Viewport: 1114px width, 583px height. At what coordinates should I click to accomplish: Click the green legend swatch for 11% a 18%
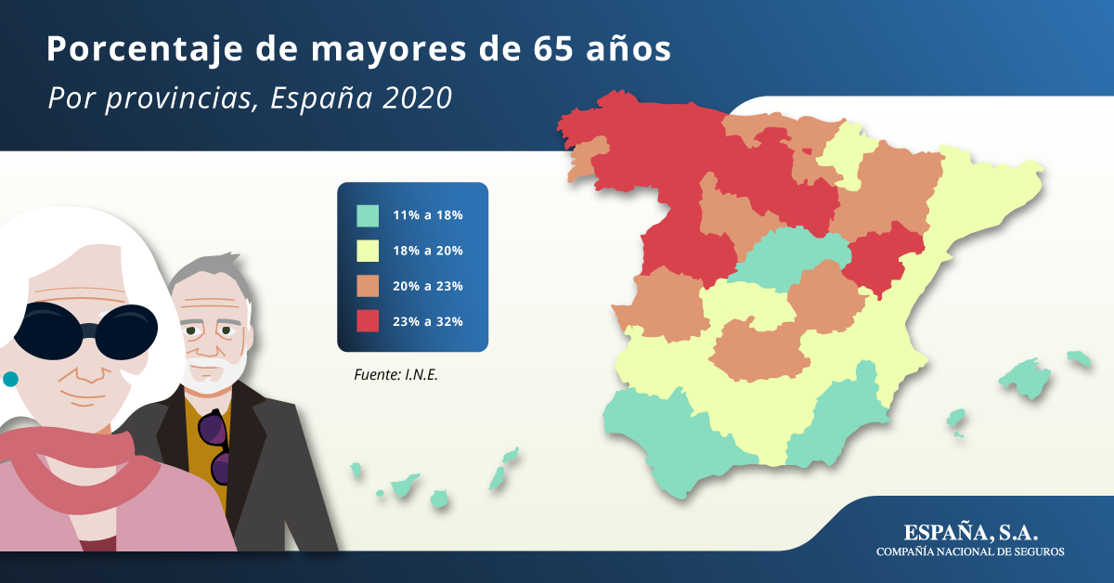coord(368,216)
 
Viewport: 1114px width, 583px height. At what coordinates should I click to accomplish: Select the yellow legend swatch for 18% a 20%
coord(368,251)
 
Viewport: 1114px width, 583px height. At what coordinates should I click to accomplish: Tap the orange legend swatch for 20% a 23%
coord(368,286)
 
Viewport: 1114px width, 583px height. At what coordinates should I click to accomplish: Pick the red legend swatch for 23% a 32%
coord(368,321)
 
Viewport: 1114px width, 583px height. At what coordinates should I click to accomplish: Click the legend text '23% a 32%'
coord(428,321)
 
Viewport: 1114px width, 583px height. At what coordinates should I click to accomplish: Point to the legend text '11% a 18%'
coord(428,214)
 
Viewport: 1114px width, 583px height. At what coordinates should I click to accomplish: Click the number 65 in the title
coord(553,49)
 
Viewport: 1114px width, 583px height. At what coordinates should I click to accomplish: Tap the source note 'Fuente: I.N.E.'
coord(395,374)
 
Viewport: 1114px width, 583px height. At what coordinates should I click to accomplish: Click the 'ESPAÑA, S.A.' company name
coord(970,532)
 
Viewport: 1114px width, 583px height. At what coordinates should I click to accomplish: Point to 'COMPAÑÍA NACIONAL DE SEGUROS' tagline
coord(970,551)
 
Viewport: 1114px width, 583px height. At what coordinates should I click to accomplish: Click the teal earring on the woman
coord(10,379)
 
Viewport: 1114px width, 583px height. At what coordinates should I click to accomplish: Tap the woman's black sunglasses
coord(85,330)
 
